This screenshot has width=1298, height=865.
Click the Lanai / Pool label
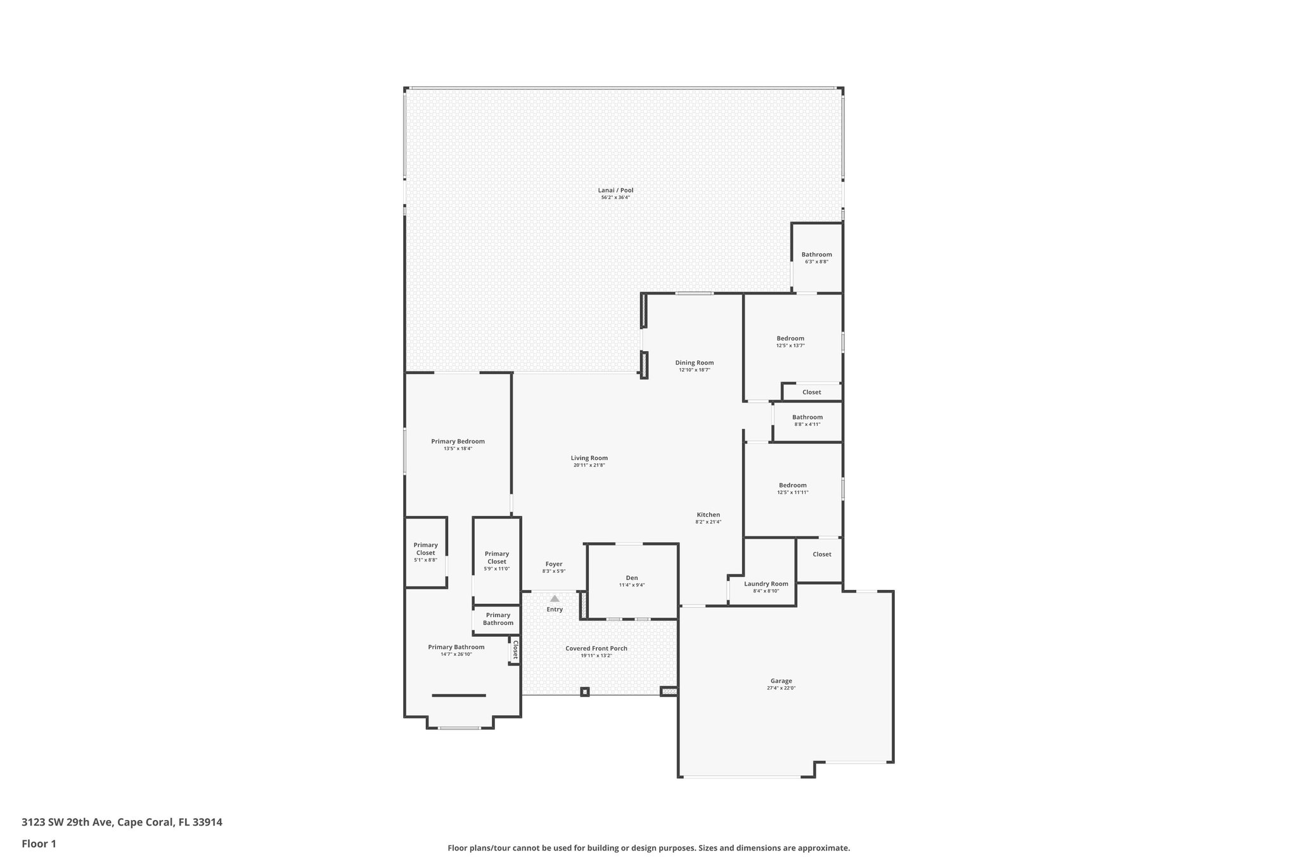pyautogui.click(x=615, y=190)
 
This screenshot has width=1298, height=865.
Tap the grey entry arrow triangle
pyautogui.click(x=555, y=598)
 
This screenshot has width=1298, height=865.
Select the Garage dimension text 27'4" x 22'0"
pyautogui.click(x=781, y=688)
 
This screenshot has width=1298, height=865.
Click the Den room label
pyautogui.click(x=632, y=578)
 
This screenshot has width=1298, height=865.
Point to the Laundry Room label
pyautogui.click(x=766, y=584)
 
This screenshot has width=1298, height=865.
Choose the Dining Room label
pyautogui.click(x=694, y=363)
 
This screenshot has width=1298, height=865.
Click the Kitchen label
pyautogui.click(x=708, y=515)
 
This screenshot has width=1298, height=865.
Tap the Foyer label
pyautogui.click(x=553, y=564)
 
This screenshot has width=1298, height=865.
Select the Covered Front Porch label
pyautogui.click(x=596, y=648)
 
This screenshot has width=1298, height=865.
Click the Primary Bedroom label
pyautogui.click(x=458, y=442)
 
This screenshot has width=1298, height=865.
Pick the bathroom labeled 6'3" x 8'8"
pyautogui.click(x=816, y=255)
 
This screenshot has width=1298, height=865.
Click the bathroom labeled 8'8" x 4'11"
pyautogui.click(x=807, y=418)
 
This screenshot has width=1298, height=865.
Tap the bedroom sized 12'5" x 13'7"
pyautogui.click(x=790, y=338)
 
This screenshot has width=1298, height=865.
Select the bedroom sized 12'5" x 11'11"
pyautogui.click(x=792, y=485)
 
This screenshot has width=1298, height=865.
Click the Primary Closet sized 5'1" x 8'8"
pyautogui.click(x=425, y=549)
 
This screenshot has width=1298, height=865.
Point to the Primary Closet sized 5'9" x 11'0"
pyautogui.click(x=496, y=558)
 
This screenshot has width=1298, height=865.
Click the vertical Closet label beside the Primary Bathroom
pyautogui.click(x=515, y=650)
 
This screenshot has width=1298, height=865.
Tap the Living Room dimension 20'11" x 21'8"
pyautogui.click(x=589, y=465)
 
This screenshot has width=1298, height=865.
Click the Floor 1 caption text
pyautogui.click(x=39, y=843)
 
